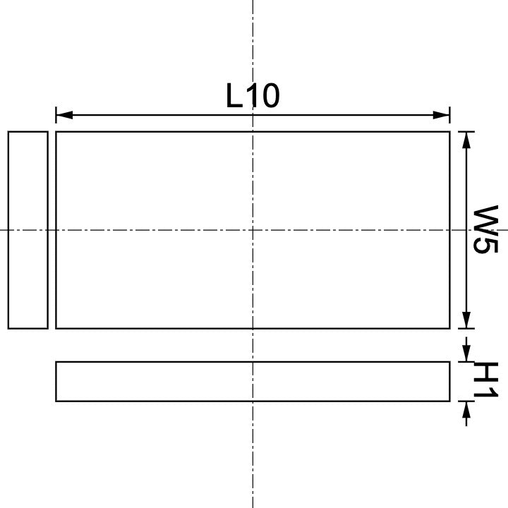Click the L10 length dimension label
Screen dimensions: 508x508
coord(253,96)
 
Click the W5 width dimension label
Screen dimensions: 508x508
coord(485,230)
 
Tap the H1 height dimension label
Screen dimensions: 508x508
coord(485,382)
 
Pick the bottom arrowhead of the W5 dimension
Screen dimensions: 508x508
coord(466,322)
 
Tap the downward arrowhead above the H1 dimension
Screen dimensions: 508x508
coord(466,356)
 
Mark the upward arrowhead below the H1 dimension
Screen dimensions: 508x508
coord(466,407)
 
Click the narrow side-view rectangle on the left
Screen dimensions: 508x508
coord(28,230)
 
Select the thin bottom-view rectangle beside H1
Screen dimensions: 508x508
coord(253,382)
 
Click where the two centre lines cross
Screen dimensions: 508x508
coord(253,230)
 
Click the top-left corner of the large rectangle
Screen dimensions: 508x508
coord(56,132)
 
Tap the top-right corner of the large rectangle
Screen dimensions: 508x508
coord(449,132)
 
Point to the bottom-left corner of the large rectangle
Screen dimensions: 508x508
coord(56,328)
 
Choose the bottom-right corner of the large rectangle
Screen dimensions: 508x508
coord(449,328)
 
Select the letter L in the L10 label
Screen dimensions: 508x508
coord(234,96)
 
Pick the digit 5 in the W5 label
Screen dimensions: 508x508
coord(485,244)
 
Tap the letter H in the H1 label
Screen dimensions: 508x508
coord(485,372)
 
